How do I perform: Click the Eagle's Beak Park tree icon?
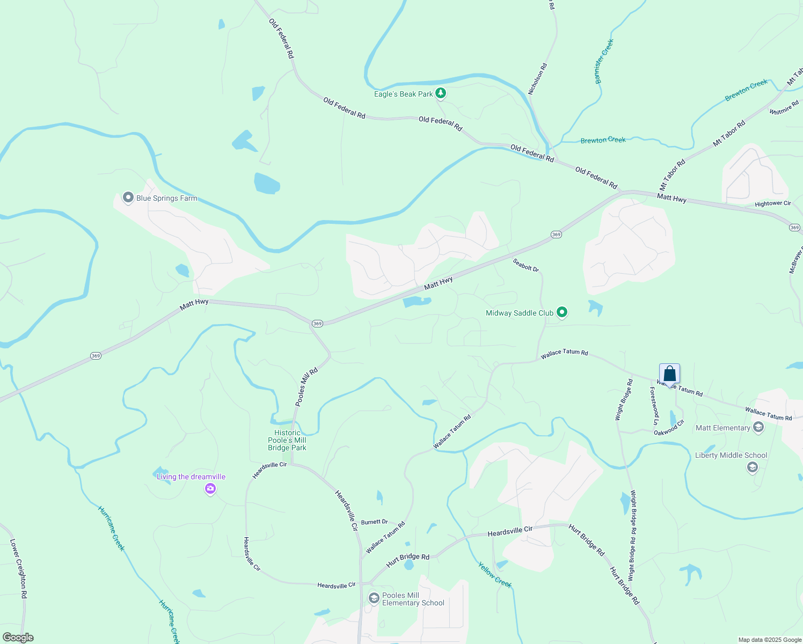(441, 93)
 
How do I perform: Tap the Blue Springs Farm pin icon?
(128, 197)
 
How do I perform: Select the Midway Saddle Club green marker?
(562, 312)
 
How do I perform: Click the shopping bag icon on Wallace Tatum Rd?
(669, 374)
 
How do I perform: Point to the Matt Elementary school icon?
(758, 427)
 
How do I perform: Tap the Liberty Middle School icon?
(752, 467)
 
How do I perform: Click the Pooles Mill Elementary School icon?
(374, 598)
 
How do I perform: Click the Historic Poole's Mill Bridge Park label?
(287, 440)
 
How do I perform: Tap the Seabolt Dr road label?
(525, 265)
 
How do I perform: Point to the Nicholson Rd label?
(537, 79)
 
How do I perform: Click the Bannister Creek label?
(604, 61)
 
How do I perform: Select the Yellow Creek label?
(495, 574)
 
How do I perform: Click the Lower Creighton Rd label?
(19, 569)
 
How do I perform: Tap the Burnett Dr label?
(374, 522)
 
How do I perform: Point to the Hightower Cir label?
(773, 204)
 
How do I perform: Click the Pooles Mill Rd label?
(306, 386)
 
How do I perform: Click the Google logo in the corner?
(18, 638)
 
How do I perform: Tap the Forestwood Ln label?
(655, 406)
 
